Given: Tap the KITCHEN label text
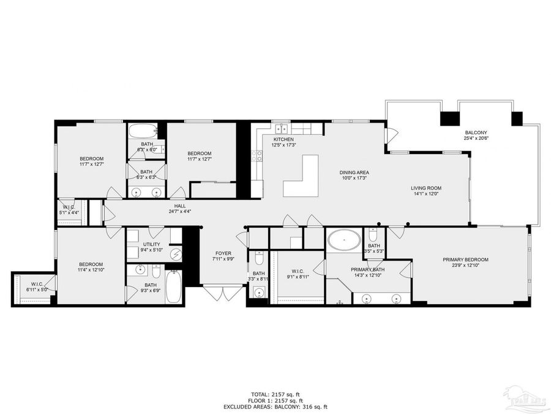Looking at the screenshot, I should tap(284, 139).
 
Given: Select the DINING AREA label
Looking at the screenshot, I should tap(354, 172).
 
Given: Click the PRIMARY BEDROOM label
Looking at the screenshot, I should tap(465, 259).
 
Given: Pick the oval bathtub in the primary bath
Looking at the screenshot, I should tap(344, 240).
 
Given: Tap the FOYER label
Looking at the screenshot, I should tap(223, 253).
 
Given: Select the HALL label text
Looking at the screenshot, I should tap(179, 206).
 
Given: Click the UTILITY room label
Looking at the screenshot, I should tap(151, 244).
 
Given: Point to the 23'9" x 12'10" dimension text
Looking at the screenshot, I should tap(465, 266).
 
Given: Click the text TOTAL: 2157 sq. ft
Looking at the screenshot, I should tap(275, 394).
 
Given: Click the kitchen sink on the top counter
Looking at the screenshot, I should tap(282, 129).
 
